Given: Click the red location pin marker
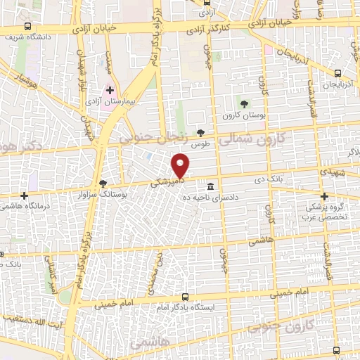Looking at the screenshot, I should click(x=181, y=165).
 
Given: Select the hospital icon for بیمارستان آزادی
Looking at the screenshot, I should click(x=110, y=90).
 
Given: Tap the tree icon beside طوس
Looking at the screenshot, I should click(x=201, y=132).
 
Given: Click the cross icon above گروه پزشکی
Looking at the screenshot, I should click(x=324, y=196).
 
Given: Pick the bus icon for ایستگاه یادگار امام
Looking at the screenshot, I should click(x=185, y=297).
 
